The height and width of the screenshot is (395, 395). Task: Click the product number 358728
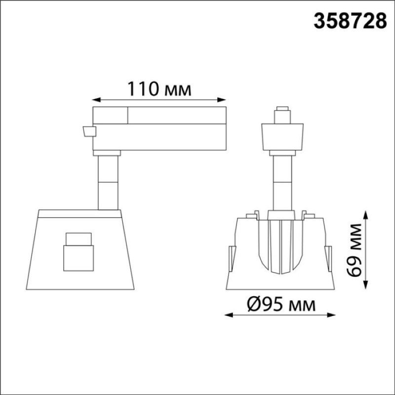click(350, 21)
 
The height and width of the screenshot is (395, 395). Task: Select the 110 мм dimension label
click(159, 89)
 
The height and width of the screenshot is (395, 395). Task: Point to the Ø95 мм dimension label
click(281, 305)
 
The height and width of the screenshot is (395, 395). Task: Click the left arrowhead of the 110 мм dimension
click(96, 100)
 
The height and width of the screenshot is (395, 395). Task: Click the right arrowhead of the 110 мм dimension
click(221, 100)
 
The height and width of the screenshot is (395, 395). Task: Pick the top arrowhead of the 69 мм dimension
click(366, 216)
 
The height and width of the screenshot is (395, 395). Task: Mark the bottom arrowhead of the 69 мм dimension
click(366, 285)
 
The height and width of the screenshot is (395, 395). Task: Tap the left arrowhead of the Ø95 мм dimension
click(229, 315)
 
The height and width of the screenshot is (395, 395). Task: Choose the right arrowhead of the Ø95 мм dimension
click(331, 315)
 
